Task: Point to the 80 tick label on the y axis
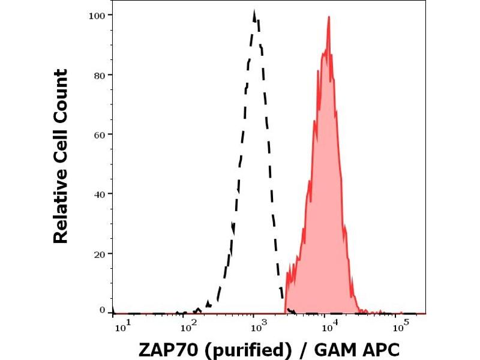pyautogui.click(x=100, y=75)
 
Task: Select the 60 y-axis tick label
pyautogui.click(x=100, y=134)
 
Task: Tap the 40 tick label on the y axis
pyautogui.click(x=100, y=194)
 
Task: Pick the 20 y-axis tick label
pyautogui.click(x=100, y=253)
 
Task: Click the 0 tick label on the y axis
pyautogui.click(x=103, y=310)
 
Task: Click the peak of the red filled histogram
pyautogui.click(x=329, y=17)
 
